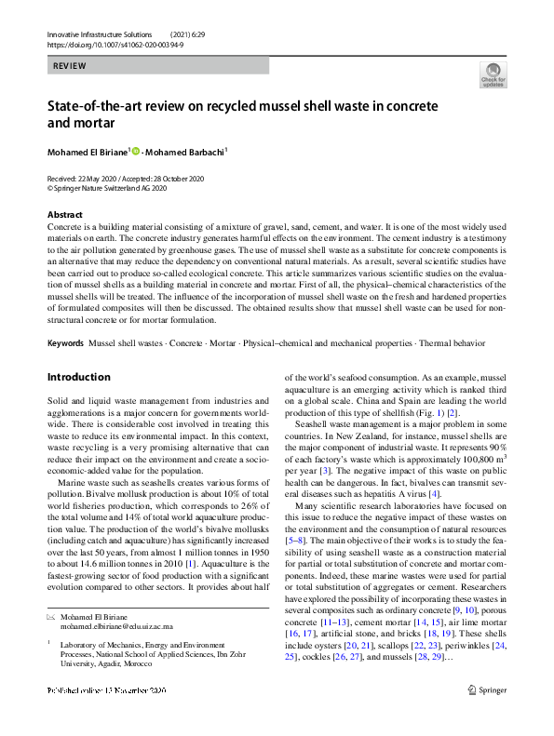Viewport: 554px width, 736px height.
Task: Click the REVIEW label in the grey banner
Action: tap(70, 66)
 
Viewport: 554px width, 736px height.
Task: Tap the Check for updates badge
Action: tap(493, 76)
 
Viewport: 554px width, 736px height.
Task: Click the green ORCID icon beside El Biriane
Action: tap(135, 151)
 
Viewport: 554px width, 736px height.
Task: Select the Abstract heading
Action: tap(63, 214)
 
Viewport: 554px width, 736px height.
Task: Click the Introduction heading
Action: tap(79, 378)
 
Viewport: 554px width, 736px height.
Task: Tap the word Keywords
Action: tap(65, 343)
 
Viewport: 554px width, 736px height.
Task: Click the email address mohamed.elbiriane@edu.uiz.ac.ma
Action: tap(124, 626)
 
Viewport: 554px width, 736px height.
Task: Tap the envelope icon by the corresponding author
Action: tap(51, 617)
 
